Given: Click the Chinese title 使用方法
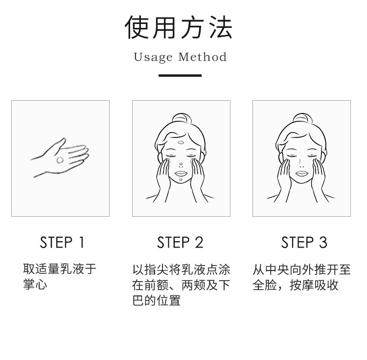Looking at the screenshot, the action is tap(179, 27).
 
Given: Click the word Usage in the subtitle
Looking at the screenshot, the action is tap(153, 57).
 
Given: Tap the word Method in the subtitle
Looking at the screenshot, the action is tap(203, 57).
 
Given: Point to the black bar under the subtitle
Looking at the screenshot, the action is tap(180, 75).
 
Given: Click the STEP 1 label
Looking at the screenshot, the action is tap(62, 242).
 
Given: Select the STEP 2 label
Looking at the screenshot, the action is tap(180, 242).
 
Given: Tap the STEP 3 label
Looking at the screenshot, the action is tap(304, 242).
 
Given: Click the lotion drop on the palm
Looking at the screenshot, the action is tap(60, 160).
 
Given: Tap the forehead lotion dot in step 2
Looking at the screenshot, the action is tap(181, 142).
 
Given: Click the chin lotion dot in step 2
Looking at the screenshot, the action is tap(181, 180).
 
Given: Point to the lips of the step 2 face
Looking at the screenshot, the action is tap(181, 173).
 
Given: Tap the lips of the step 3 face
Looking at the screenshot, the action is tap(302, 173).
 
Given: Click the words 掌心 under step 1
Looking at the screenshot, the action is tap(35, 285).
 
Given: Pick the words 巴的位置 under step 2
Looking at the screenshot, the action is tap(157, 300).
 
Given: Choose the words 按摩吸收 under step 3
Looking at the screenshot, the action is tap(314, 285).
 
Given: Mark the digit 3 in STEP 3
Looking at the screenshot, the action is tap(323, 242).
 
